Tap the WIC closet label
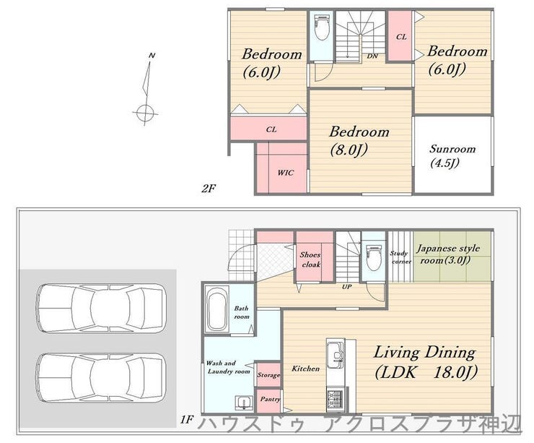pyautogui.click(x=285, y=173)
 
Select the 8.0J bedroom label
pyautogui.click(x=359, y=140)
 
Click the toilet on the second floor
pyautogui.click(x=321, y=29)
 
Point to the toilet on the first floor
pyautogui.click(x=373, y=257)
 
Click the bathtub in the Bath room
pyautogui.click(x=216, y=309)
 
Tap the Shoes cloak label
pyautogui.click(x=310, y=259)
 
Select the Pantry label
pyautogui.click(x=270, y=399)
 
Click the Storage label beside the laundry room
pyautogui.click(x=268, y=375)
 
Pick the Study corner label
pyautogui.click(x=400, y=257)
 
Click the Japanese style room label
pyautogui.click(x=448, y=254)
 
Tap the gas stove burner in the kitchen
pyautogui.click(x=336, y=397)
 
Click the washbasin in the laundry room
pyautogui.click(x=244, y=403)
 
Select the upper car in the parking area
pyautogui.click(x=101, y=309)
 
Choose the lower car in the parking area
pyautogui.click(x=101, y=378)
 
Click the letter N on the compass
pyautogui.click(x=152, y=55)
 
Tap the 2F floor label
pyautogui.click(x=209, y=188)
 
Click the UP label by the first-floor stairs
pyautogui.click(x=346, y=287)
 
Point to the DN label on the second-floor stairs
pyautogui.click(x=372, y=56)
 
